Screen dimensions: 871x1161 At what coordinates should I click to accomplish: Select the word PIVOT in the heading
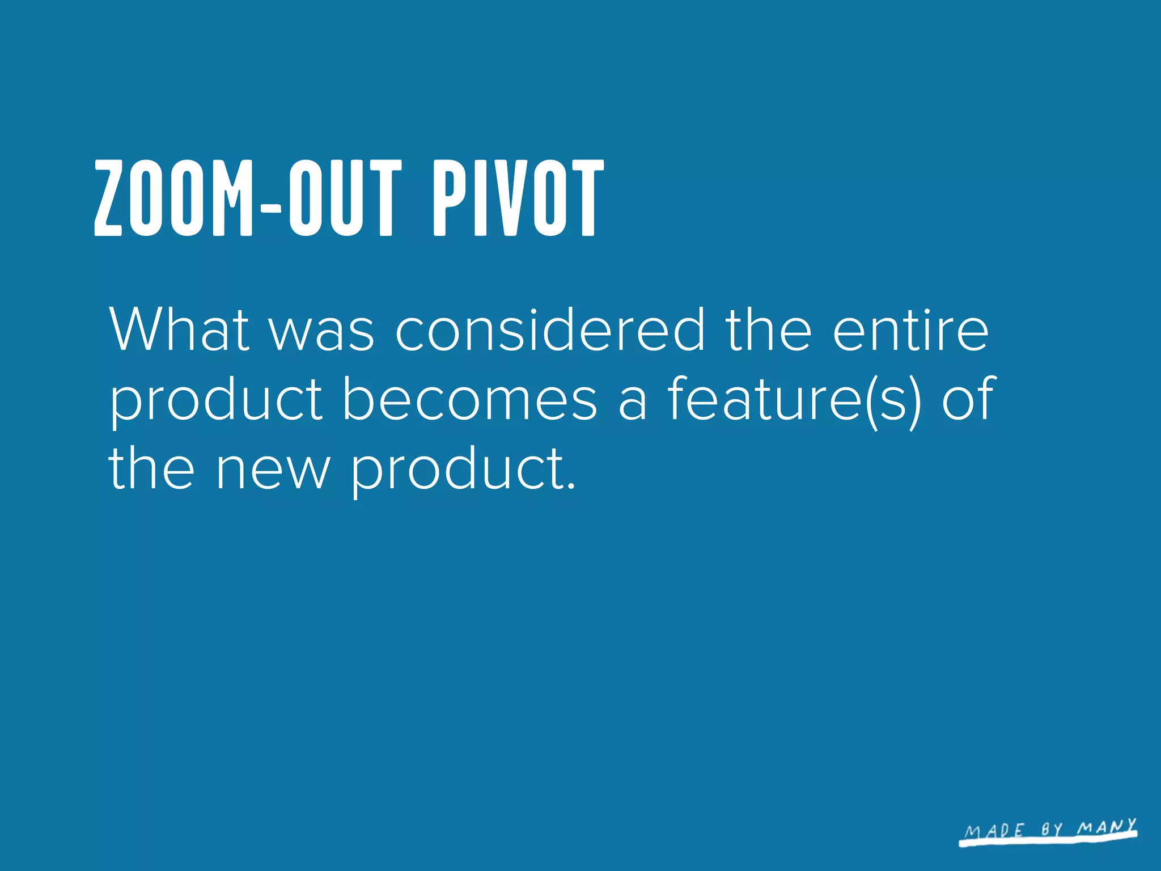(518, 198)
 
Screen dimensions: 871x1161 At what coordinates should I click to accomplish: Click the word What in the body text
(179, 329)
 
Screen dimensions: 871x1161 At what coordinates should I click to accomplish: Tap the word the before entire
(768, 329)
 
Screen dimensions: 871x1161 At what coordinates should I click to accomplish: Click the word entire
(910, 329)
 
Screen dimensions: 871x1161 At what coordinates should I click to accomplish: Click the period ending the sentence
(571, 487)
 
